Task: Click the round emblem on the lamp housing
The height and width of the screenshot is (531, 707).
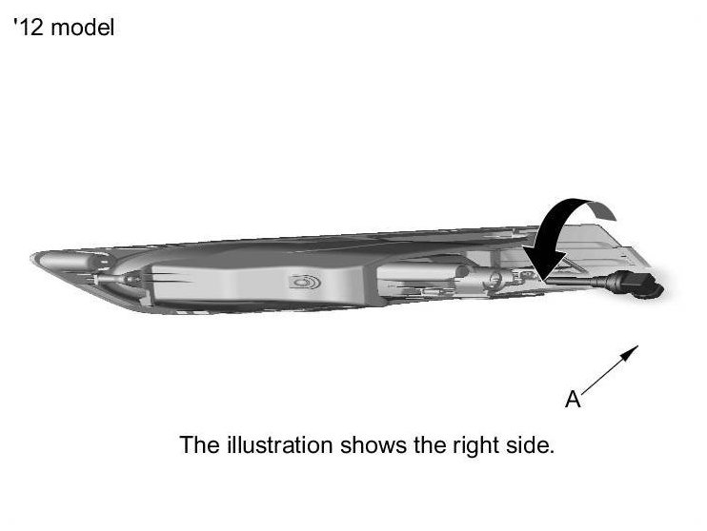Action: tap(305, 283)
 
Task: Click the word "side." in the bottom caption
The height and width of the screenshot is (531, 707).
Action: tap(527, 444)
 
